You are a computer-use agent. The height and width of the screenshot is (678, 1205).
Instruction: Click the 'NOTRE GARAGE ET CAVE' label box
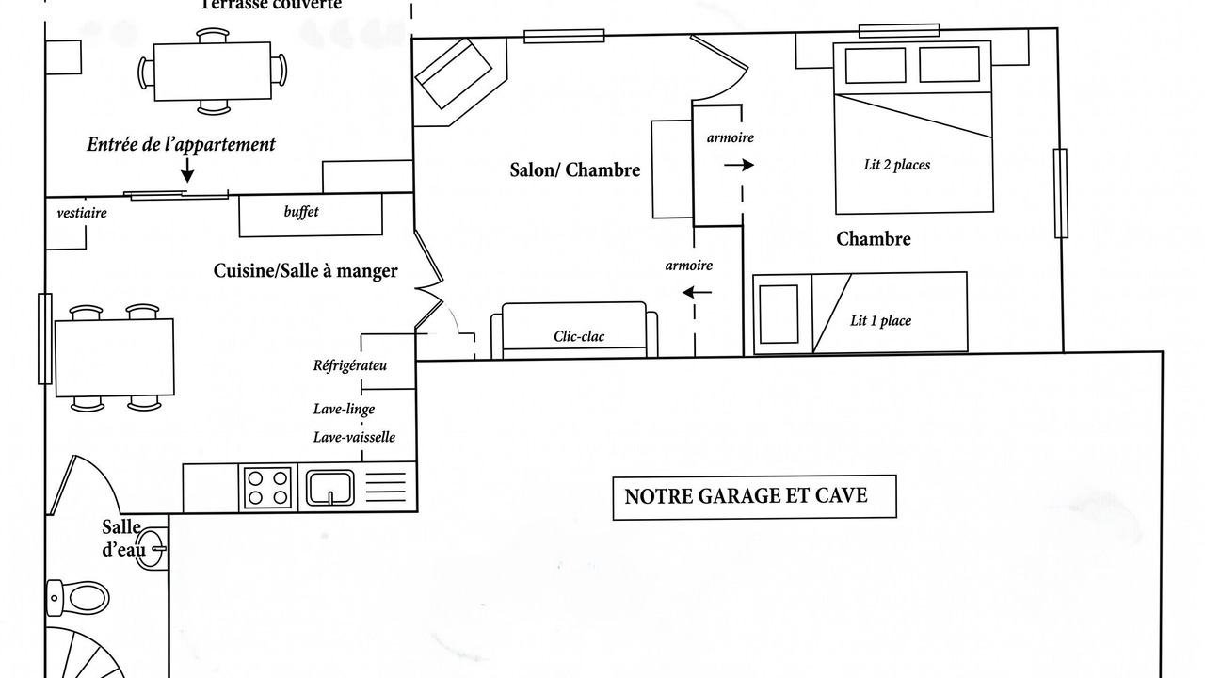click(x=754, y=497)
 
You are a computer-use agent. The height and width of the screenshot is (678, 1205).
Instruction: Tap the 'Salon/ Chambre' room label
click(x=575, y=170)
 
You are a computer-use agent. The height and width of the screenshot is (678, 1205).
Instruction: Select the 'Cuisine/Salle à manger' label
click(x=306, y=270)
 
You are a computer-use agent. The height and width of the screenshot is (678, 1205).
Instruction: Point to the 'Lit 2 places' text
click(x=897, y=165)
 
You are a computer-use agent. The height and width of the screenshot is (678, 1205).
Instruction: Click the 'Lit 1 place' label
click(x=880, y=321)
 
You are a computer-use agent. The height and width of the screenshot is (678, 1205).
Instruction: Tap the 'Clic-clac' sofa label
click(x=579, y=337)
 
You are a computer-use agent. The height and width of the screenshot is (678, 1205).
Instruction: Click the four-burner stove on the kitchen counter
click(x=268, y=488)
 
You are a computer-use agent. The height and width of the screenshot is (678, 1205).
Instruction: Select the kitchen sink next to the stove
click(x=330, y=488)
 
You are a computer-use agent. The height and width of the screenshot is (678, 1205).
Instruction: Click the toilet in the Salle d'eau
click(x=78, y=597)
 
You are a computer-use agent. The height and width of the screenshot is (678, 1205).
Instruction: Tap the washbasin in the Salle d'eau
click(x=152, y=549)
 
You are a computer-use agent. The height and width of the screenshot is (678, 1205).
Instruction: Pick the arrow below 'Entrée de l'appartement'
click(x=187, y=169)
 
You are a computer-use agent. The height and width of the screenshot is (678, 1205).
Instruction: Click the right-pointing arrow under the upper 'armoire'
click(x=739, y=165)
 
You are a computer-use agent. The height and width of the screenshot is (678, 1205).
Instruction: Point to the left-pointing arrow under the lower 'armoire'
click(x=698, y=293)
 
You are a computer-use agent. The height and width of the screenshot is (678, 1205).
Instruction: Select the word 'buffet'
click(x=301, y=212)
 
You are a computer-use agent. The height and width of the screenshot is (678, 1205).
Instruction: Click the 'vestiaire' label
click(x=82, y=213)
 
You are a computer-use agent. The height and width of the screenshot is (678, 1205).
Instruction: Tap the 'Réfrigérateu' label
click(x=349, y=366)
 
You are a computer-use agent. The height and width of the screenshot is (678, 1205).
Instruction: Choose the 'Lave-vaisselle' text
click(x=354, y=437)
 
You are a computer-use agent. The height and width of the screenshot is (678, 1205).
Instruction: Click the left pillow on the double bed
click(x=876, y=66)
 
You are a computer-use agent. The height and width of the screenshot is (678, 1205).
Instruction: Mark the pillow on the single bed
click(x=779, y=315)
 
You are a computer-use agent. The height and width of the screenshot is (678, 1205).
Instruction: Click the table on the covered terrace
click(x=213, y=71)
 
